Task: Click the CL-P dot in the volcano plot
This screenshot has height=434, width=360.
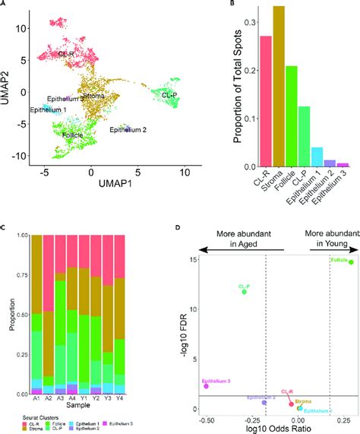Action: (245, 291)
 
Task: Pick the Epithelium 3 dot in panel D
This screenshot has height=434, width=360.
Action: (206, 386)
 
